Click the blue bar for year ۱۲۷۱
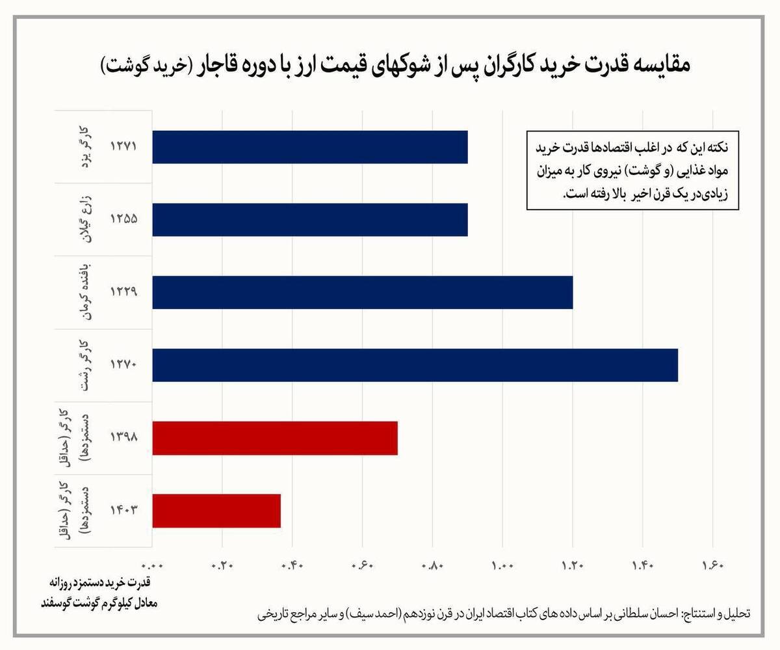click(x=310, y=147)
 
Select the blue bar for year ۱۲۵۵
click(x=310, y=219)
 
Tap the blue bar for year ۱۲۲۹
click(x=363, y=292)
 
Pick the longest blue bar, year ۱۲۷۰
click(x=415, y=365)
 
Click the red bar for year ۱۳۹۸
click(x=275, y=438)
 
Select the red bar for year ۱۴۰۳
click(x=216, y=511)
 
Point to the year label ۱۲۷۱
click(x=123, y=147)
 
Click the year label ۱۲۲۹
click(x=123, y=292)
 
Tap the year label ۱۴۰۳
click(x=123, y=511)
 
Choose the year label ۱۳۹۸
click(x=123, y=438)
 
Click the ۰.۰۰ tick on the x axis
click(x=153, y=565)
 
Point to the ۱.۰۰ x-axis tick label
click(x=502, y=565)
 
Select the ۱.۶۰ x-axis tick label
click(x=713, y=565)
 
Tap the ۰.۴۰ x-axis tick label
click(x=292, y=565)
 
